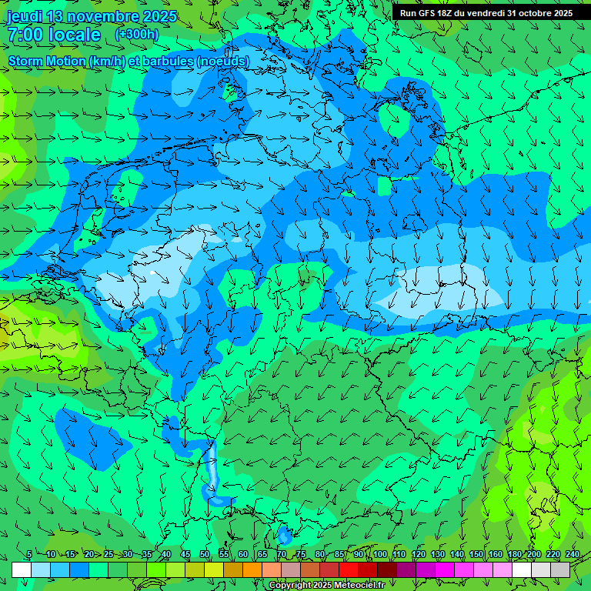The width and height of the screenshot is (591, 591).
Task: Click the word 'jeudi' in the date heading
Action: tap(25, 16)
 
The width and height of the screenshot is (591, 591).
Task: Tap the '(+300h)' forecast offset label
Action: tap(136, 34)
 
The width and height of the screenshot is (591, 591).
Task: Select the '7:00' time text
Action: tap(25, 35)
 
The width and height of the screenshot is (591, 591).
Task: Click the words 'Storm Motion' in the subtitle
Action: tap(47, 61)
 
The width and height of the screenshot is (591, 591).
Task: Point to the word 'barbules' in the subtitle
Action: tap(169, 61)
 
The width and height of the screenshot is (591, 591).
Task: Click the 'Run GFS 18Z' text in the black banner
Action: tap(428, 13)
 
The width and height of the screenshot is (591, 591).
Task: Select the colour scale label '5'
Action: tap(29, 554)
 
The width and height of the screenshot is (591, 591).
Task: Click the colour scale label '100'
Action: tap(380, 554)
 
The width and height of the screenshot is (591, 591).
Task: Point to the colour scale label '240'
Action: tap(573, 554)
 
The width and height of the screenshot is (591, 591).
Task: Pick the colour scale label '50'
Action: tap(205, 554)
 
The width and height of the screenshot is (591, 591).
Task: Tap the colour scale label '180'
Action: tap(515, 554)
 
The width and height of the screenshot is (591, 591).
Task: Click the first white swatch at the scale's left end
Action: tap(22, 569)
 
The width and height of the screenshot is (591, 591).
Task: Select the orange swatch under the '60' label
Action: tap(252, 569)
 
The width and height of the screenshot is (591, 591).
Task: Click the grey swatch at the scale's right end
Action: tap(560, 569)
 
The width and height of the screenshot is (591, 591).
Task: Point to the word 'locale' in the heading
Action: tap(74, 35)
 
